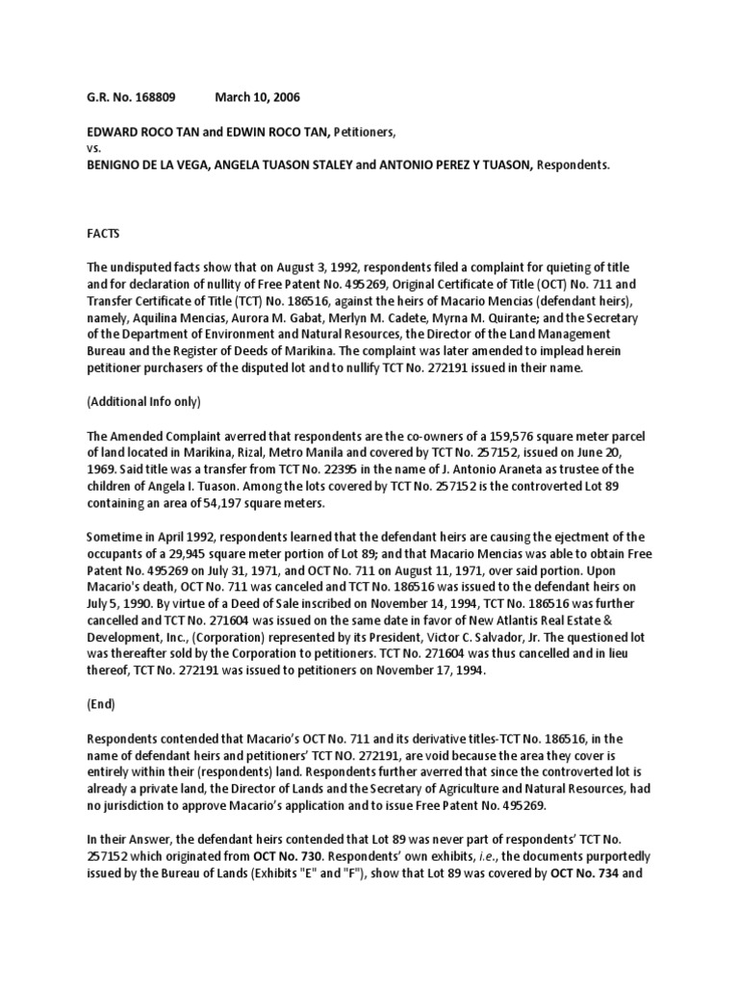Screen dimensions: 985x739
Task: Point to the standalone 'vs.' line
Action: click(92, 147)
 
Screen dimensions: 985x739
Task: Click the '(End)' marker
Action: click(100, 704)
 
